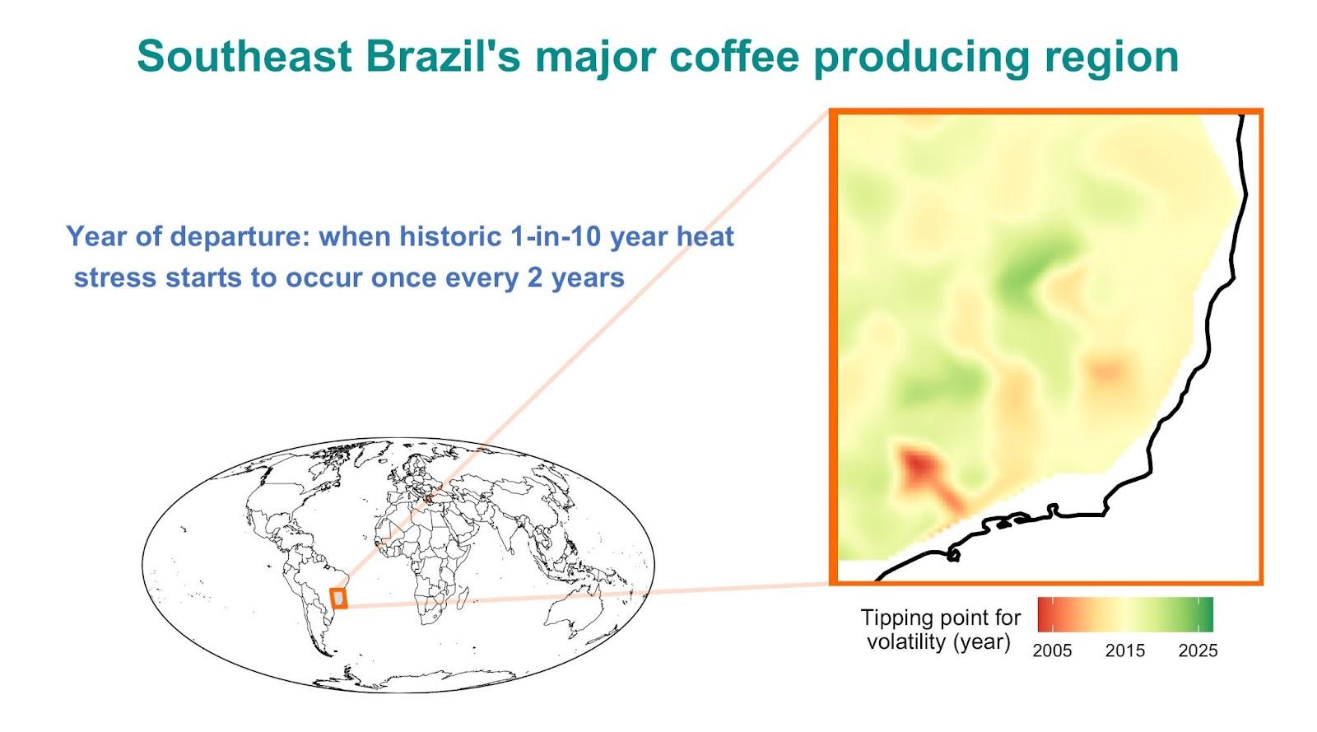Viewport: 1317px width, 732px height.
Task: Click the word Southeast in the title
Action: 244,57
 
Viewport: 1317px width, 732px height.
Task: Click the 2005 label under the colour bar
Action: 1052,650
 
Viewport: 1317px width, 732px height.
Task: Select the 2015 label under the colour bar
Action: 1124,650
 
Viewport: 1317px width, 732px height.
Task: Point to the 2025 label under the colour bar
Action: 1198,650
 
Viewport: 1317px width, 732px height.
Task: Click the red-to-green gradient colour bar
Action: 1124,614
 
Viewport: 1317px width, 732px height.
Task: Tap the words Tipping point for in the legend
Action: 941,618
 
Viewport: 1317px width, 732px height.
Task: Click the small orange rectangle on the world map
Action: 338,599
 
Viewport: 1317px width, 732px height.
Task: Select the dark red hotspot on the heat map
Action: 921,469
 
